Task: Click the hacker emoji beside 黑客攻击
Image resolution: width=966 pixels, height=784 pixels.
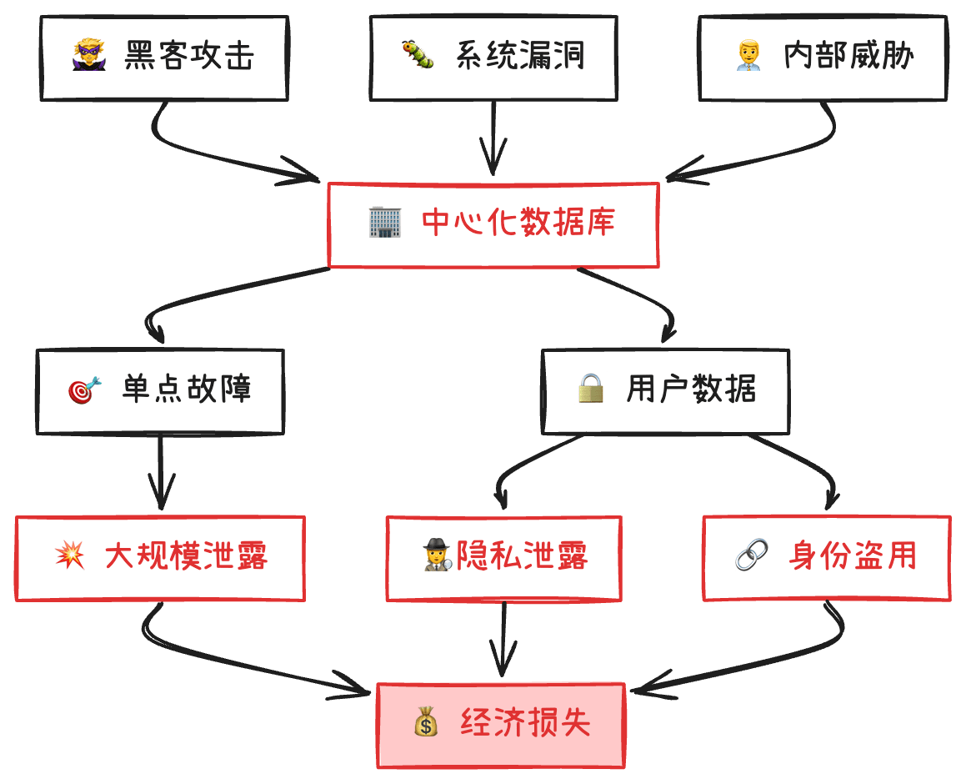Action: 89,55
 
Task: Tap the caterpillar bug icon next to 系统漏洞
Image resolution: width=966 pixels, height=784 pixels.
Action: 418,55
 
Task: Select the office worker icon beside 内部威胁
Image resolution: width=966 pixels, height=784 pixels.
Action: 748,55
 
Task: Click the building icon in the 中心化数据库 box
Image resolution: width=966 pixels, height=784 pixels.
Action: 385,223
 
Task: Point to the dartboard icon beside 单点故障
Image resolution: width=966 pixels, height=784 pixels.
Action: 84,389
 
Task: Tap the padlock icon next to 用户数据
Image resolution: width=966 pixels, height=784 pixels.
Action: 591,389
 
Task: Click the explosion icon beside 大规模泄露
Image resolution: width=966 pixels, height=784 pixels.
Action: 70,555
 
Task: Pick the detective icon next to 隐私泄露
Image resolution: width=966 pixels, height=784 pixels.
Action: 438,555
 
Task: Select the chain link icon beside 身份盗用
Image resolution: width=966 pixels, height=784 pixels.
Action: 753,555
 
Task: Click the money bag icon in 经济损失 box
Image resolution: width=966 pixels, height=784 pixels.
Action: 426,721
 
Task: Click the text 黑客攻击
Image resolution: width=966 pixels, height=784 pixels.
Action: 189,56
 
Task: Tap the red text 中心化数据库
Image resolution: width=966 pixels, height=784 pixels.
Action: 518,223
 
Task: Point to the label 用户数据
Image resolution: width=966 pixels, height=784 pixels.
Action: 691,389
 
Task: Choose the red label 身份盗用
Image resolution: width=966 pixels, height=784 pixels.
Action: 853,555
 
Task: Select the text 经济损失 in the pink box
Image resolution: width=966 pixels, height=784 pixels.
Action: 526,721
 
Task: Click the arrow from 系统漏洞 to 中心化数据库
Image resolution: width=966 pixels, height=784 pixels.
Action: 493,138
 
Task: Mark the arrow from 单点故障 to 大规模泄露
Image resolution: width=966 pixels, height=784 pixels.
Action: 161,472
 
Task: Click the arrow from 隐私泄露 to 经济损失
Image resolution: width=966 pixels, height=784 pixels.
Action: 503,639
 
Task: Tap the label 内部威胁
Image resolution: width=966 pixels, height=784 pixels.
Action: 848,56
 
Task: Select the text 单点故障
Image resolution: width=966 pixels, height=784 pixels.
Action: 187,389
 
